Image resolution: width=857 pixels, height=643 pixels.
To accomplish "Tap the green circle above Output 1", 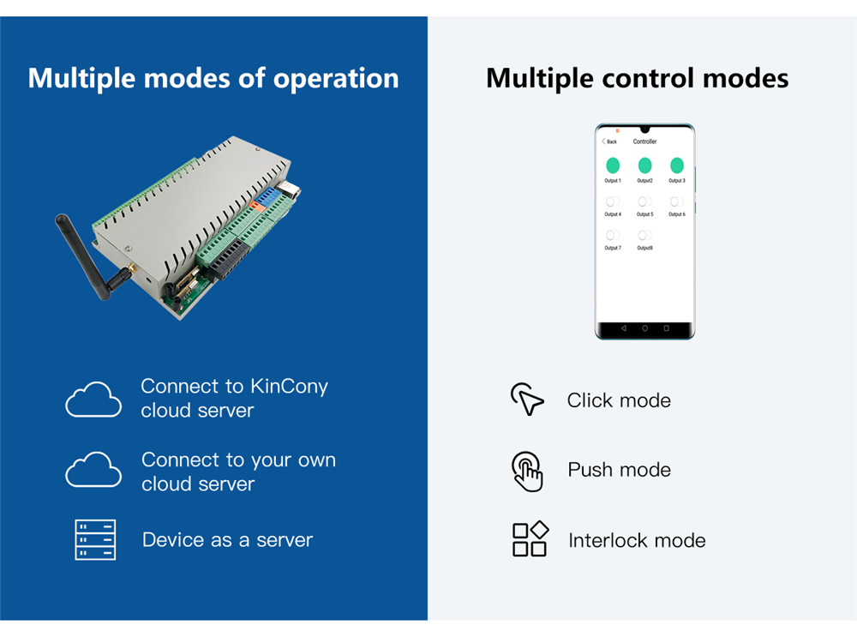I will (x=613, y=165).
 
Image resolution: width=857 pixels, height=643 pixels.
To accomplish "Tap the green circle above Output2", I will (x=644, y=165).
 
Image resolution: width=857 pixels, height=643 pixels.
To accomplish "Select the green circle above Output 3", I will (x=677, y=165).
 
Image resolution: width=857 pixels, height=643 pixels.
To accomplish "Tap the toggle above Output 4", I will (x=613, y=201).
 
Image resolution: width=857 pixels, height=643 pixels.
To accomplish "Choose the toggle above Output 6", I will (x=677, y=201).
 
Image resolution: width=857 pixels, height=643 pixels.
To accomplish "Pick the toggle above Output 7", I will (x=613, y=235).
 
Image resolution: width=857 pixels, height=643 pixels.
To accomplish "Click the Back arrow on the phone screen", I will (x=605, y=141).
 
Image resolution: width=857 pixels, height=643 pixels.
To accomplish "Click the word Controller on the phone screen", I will (x=644, y=141).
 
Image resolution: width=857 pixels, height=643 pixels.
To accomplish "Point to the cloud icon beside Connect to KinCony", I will (x=93, y=400).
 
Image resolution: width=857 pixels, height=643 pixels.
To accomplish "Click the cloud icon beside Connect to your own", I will (x=93, y=470).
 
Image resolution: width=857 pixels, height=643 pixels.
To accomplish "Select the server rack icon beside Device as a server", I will (x=95, y=540).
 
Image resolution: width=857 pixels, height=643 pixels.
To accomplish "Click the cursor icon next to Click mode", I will (x=527, y=400).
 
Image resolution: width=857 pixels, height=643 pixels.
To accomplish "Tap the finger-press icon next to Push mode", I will (x=528, y=471).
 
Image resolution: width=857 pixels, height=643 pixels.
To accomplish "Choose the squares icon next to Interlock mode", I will (x=530, y=539).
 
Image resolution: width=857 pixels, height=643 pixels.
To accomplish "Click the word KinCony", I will (x=289, y=387).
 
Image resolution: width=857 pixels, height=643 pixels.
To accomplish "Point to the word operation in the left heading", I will (x=336, y=79).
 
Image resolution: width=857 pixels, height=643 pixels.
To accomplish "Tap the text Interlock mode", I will (x=637, y=541).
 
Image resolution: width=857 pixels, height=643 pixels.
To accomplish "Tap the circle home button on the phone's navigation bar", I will (x=644, y=328).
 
